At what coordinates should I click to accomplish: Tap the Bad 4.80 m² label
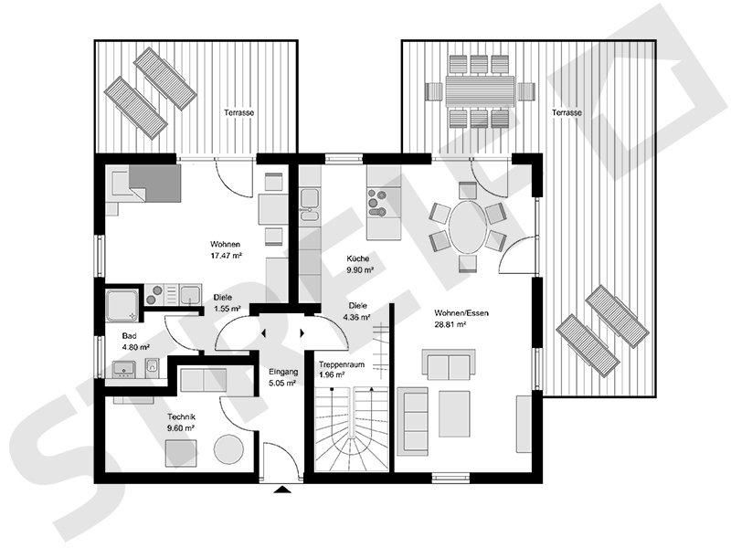(134, 341)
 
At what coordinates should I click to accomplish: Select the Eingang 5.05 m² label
(281, 377)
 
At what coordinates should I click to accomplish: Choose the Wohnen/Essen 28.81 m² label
(462, 318)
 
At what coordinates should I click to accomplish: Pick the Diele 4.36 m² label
(357, 311)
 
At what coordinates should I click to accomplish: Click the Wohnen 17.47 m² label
(225, 249)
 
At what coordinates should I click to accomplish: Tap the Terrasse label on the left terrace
(238, 112)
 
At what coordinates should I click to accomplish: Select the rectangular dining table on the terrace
(480, 91)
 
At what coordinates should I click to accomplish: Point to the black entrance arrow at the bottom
(281, 490)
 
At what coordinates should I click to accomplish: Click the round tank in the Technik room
(229, 449)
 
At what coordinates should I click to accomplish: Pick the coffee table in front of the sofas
(454, 414)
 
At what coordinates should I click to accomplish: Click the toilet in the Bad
(154, 367)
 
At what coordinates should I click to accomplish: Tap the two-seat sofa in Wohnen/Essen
(448, 364)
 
